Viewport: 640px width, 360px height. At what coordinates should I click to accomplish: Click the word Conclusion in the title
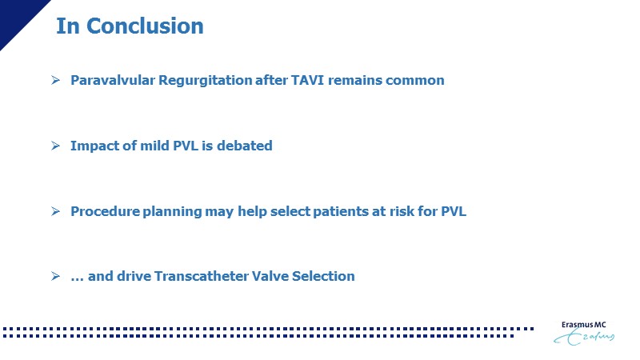(x=145, y=26)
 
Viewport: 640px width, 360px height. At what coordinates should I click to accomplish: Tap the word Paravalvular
(x=113, y=80)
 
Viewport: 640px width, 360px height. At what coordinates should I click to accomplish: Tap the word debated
(x=245, y=146)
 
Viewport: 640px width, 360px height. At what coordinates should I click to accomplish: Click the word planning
(x=172, y=212)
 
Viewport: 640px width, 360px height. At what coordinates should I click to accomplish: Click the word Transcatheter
(x=202, y=276)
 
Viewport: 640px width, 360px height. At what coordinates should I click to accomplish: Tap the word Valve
(x=270, y=276)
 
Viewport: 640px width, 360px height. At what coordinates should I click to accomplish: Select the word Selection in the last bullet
(x=323, y=276)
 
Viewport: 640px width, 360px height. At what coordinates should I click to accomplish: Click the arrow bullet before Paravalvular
(x=55, y=80)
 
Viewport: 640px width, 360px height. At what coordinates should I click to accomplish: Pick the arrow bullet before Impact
(x=55, y=146)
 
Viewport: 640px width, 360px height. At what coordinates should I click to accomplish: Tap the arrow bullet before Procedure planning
(x=55, y=211)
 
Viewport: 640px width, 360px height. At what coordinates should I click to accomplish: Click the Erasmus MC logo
(x=584, y=333)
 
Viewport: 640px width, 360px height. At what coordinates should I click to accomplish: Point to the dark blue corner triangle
(x=16, y=16)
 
